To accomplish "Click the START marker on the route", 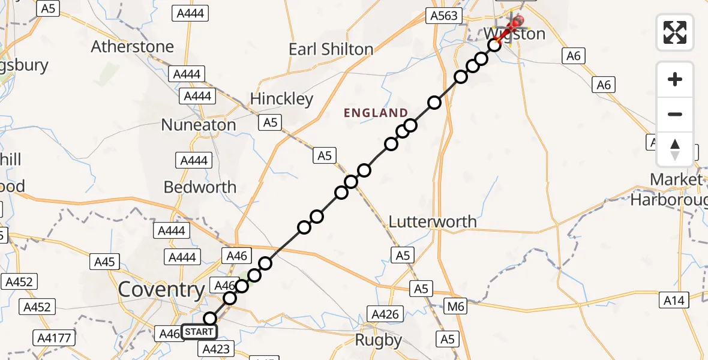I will click(x=199, y=331).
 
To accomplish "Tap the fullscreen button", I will click(x=675, y=32).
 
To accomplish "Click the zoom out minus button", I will click(x=675, y=114).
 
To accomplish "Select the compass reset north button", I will click(x=675, y=149).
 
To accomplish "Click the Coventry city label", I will click(x=161, y=290).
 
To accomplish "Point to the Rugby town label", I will click(x=378, y=340).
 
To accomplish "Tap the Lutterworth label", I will click(x=433, y=221).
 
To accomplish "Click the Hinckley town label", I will click(x=281, y=98).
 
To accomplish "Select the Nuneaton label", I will click(x=199, y=125).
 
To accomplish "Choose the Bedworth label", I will click(x=200, y=187).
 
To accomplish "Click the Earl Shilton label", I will click(x=331, y=49).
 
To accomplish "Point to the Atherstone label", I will click(x=133, y=46).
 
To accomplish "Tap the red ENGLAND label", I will click(x=376, y=113).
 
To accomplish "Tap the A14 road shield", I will click(x=674, y=300).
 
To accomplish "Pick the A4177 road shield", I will click(x=57, y=338).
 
